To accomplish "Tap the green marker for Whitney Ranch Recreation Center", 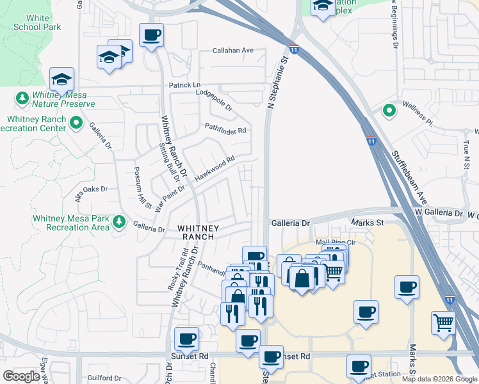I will coord(77,122).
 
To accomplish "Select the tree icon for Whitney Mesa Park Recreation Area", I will coord(118,221).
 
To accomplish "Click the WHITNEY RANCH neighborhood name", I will coord(198,232).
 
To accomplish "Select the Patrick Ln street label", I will coord(184,85).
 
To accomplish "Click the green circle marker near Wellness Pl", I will coord(389,111).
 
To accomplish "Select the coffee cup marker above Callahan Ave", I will coord(151,35).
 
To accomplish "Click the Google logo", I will coord(21,376).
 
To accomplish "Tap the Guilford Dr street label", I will coord(104,379).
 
